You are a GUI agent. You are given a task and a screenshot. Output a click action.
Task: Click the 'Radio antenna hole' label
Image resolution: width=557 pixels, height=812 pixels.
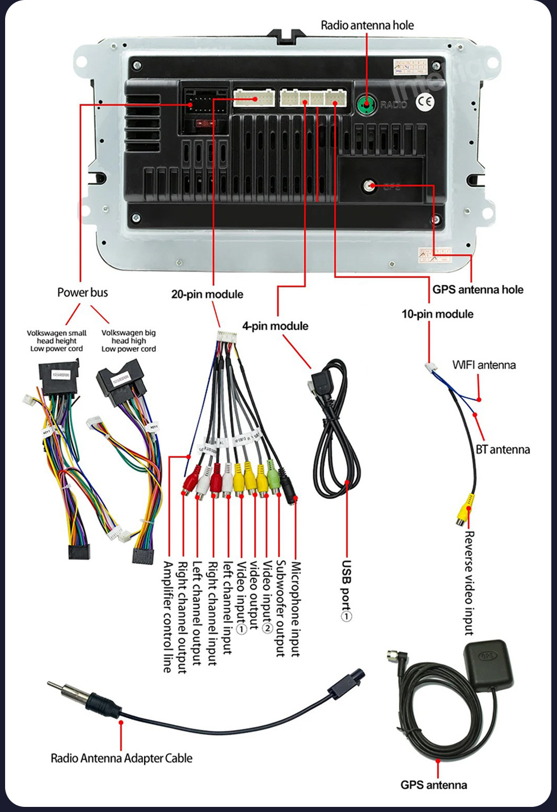pyautogui.click(x=367, y=25)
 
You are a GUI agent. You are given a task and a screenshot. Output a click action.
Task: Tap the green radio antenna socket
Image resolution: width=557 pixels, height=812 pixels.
pyautogui.click(x=366, y=104)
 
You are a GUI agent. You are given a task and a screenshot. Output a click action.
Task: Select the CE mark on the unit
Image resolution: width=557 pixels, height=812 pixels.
pyautogui.click(x=425, y=102)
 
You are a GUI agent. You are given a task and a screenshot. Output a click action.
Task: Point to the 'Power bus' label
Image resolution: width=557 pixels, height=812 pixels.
pyautogui.click(x=82, y=292)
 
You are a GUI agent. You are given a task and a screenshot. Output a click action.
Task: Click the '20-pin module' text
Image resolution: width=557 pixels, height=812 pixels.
pyautogui.click(x=207, y=294)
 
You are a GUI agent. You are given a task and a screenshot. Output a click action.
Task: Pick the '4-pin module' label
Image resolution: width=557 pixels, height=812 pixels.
pyautogui.click(x=275, y=326)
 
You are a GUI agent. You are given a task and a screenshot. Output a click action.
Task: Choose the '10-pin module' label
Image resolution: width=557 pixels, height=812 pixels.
pyautogui.click(x=437, y=314)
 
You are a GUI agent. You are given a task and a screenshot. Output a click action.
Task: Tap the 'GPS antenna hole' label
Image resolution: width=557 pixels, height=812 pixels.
pyautogui.click(x=478, y=289)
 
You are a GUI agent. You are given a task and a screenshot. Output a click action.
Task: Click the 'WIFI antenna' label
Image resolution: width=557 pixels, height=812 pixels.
pyautogui.click(x=484, y=365)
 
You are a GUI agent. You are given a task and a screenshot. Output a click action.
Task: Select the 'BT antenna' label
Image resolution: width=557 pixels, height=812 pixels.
pyautogui.click(x=503, y=449)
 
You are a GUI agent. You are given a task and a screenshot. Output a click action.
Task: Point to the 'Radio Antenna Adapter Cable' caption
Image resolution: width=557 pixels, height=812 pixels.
pyautogui.click(x=121, y=758)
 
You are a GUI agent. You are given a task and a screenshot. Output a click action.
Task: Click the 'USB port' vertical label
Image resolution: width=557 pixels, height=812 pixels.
pyautogui.click(x=346, y=590)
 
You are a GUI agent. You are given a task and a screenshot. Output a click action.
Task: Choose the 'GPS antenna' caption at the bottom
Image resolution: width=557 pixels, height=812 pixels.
pyautogui.click(x=434, y=785)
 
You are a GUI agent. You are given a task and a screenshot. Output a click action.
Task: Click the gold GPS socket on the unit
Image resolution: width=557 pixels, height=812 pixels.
pyautogui.click(x=370, y=186)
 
